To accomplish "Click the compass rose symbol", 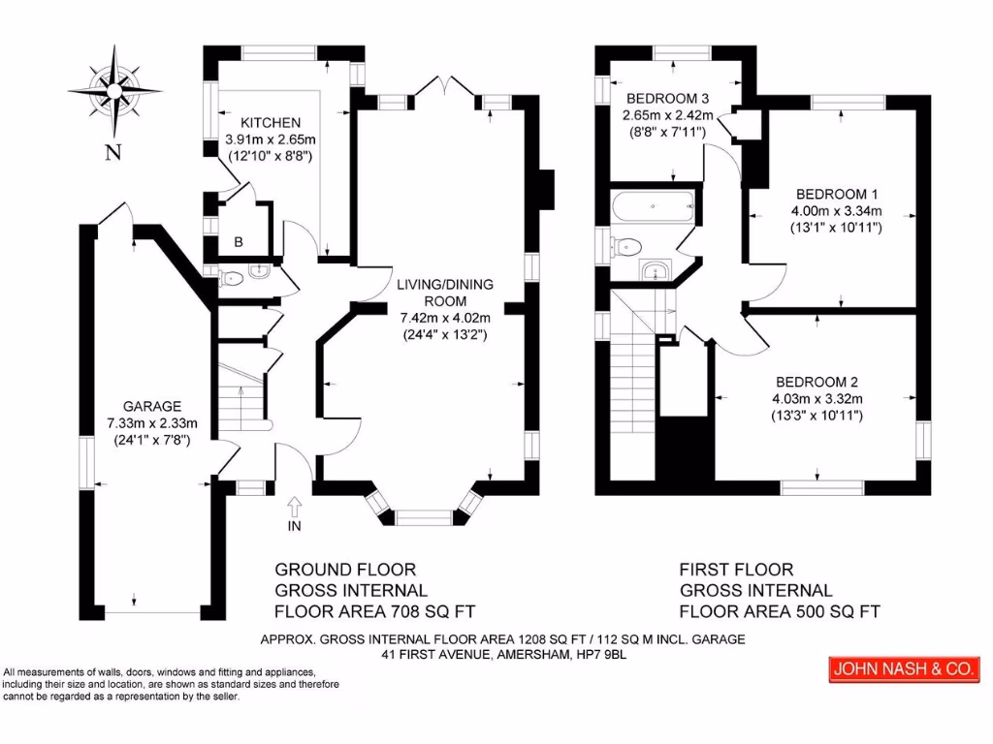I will coord(113,93).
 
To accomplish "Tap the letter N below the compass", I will coord(113,151).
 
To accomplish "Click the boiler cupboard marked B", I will coord(238,242).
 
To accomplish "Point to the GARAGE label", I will coord(152,406).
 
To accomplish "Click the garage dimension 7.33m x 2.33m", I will coord(152,422).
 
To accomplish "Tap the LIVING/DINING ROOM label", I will coord(444,292).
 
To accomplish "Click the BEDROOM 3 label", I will coord(668,99).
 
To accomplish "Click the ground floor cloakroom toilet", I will coord(231,279).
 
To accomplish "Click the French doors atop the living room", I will coord(445,89).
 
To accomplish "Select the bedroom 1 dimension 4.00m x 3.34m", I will coord(836,211).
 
